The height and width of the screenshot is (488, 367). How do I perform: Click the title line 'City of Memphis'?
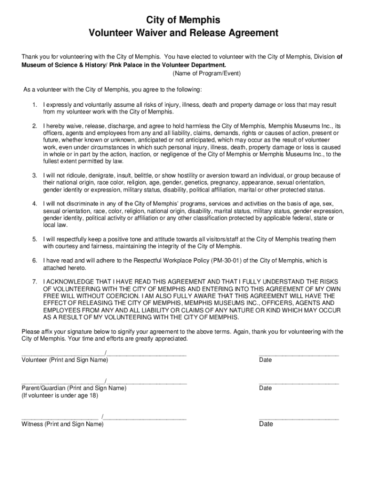point(183,20)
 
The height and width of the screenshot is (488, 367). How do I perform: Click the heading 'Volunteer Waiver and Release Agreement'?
point(183,33)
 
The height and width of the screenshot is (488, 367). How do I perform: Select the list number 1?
point(34,105)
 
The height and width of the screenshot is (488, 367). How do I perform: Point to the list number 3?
point(34,176)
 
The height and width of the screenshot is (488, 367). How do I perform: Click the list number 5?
point(34,239)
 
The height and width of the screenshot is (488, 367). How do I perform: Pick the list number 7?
point(34,282)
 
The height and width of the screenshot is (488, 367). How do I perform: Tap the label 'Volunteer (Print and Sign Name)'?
point(65,360)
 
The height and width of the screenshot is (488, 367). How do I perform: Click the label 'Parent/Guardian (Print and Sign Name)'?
point(74,388)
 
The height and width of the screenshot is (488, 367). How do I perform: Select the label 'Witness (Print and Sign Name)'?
point(62,424)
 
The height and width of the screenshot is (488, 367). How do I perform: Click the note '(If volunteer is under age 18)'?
point(60,396)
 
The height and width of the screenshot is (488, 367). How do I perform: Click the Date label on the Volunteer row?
point(265,360)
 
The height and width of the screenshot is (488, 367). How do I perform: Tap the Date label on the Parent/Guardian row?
point(265,388)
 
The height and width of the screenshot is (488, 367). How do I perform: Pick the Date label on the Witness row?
point(266,424)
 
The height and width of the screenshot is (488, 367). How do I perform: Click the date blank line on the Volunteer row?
point(299,355)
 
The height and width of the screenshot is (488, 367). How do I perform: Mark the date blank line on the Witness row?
point(299,418)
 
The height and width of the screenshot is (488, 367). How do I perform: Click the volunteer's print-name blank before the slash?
point(63,355)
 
